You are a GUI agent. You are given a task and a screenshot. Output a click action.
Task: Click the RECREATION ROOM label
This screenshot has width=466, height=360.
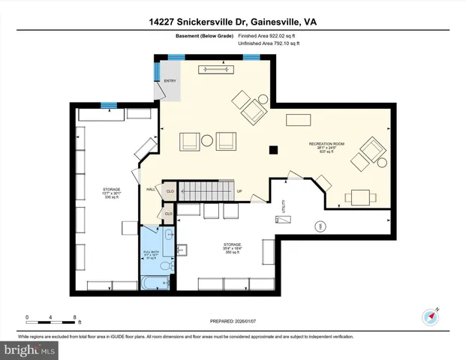[326, 144]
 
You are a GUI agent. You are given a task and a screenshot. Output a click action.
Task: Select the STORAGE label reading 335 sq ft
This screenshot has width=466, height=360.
[111, 193]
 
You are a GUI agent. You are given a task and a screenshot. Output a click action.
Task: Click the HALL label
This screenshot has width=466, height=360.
[150, 189]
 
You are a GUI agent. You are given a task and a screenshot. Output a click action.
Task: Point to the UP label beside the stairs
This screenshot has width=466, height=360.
[239, 190]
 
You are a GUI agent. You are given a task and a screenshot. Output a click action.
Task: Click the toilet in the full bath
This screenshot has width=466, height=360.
[168, 265]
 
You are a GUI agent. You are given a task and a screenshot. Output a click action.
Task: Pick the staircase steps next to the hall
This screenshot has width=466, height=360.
[206, 190]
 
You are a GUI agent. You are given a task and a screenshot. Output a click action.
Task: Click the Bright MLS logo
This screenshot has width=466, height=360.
[30, 349]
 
